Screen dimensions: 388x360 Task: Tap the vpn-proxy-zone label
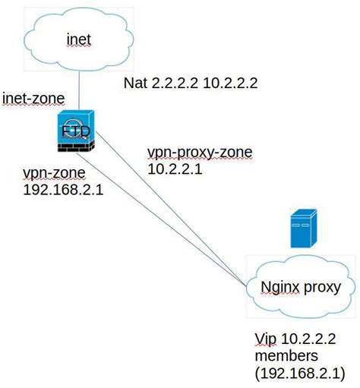[x=199, y=153]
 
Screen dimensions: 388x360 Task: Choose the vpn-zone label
[x=49, y=173]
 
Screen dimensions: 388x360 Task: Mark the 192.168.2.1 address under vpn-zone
[x=63, y=189]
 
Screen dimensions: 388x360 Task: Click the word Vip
[x=266, y=337]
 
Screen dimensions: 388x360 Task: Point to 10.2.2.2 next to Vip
[x=311, y=337]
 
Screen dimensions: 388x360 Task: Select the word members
[x=287, y=355]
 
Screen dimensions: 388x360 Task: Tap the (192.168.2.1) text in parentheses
[x=300, y=372]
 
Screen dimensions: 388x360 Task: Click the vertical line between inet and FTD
[x=78, y=91]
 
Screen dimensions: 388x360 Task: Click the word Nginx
[x=278, y=288]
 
